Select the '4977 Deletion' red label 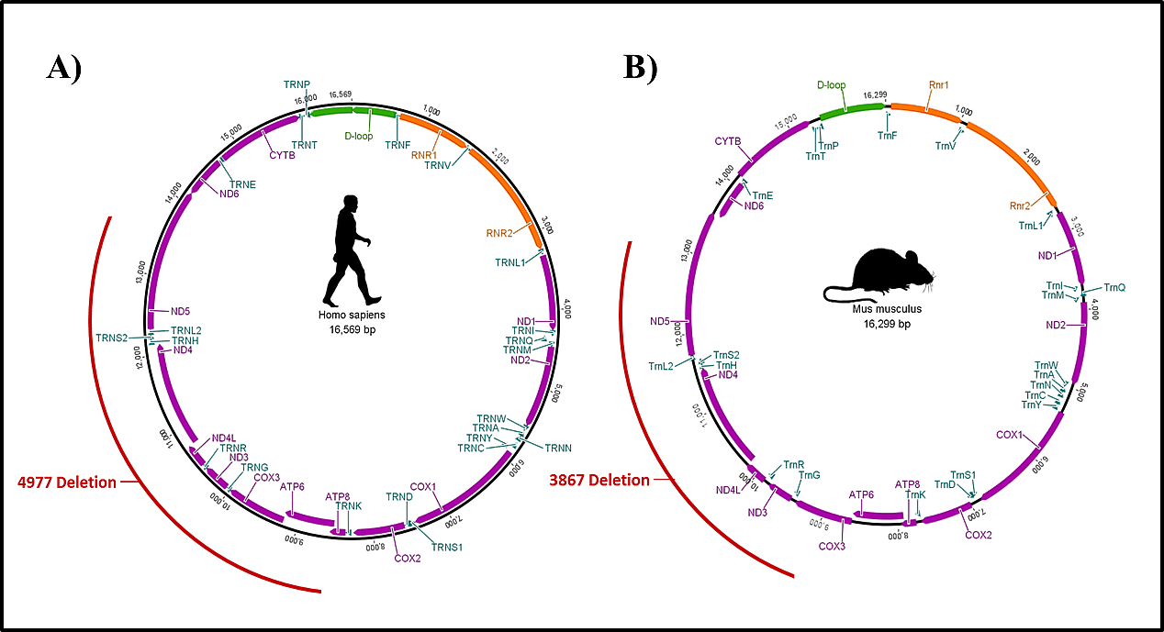(x=67, y=482)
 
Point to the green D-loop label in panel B (x=832, y=85)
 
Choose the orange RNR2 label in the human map (x=500, y=233)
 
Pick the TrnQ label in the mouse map (x=1114, y=287)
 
